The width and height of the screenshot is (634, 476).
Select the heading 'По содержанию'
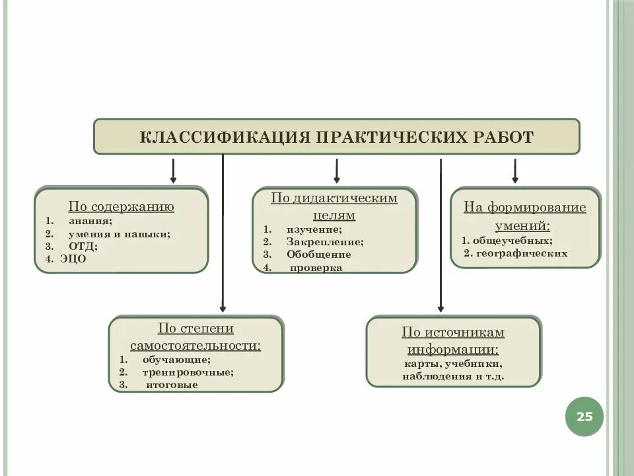(x=122, y=207)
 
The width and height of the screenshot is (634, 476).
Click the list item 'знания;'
(x=90, y=221)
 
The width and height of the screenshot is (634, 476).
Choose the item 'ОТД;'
(x=83, y=247)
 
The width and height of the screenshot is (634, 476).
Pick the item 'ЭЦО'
(x=74, y=259)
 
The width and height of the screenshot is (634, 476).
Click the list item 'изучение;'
(x=314, y=229)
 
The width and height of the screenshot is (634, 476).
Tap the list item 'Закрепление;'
(x=325, y=242)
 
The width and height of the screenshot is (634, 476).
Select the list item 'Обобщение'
(x=319, y=255)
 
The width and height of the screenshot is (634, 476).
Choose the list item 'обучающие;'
(x=176, y=360)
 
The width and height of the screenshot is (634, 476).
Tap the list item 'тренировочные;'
(x=188, y=372)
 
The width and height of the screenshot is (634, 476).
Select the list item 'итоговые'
(x=172, y=385)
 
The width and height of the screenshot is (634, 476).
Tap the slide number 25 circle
(x=584, y=417)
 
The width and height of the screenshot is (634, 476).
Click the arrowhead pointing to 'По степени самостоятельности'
(x=223, y=308)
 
